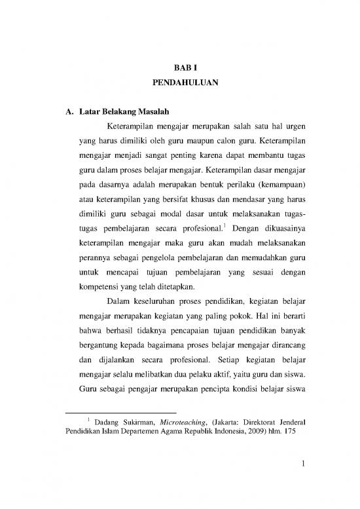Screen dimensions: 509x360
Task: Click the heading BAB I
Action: tap(179, 67)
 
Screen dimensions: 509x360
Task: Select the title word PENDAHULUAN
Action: tap(179, 84)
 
